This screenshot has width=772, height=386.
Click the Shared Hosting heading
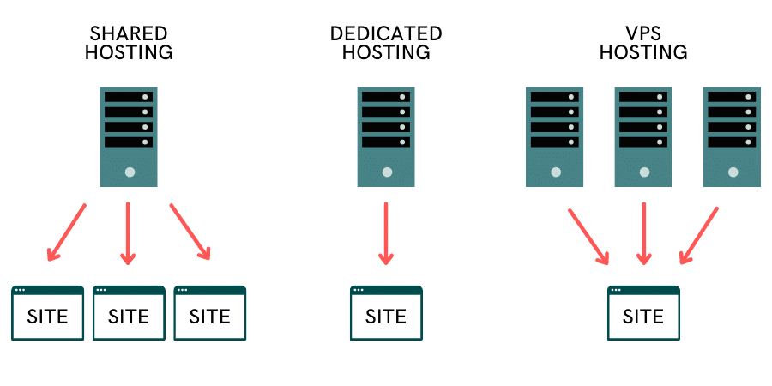(129, 43)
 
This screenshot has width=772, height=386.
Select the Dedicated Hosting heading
(386, 43)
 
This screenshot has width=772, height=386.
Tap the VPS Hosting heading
(643, 43)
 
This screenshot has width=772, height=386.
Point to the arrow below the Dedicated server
(386, 233)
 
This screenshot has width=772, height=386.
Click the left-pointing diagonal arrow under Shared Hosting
(68, 232)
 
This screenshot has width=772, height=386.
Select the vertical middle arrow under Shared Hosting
(129, 233)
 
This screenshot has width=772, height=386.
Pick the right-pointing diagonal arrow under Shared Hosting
(190, 232)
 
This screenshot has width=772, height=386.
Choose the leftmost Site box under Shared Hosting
(47, 313)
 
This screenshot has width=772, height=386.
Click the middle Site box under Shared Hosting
(129, 313)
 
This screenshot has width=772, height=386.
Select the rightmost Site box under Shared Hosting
(210, 313)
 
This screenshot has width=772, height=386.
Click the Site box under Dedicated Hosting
(386, 313)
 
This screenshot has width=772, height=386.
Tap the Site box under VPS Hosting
(643, 313)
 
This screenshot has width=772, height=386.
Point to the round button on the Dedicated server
(386, 172)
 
